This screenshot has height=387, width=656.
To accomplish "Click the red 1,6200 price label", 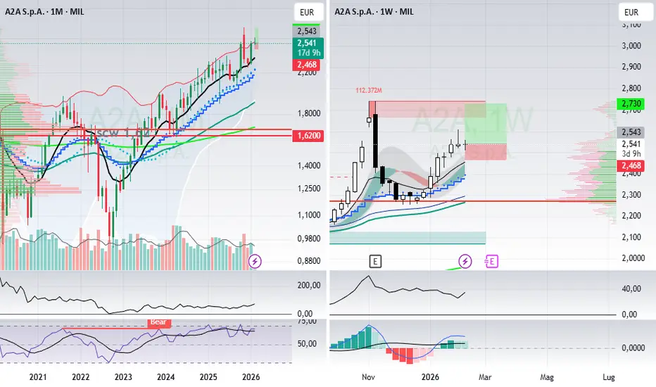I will click(307, 135).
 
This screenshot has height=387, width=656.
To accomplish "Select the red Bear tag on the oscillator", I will click(158, 323).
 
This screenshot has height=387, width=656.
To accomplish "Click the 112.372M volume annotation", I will click(369, 90).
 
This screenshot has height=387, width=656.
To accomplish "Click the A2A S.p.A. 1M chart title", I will click(40, 12).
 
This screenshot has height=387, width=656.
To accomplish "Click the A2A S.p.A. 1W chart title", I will click(373, 12).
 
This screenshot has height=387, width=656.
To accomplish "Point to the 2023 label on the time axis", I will click(123, 376).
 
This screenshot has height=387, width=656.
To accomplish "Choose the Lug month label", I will click(610, 376).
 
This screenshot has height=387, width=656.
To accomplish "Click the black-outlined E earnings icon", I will click(376, 262).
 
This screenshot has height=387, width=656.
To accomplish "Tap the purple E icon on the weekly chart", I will click(491, 262).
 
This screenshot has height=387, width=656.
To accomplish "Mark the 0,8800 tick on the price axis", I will click(308, 260).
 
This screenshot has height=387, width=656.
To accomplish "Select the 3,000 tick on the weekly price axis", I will click(631, 46).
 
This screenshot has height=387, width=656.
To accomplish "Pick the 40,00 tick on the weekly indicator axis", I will click(631, 288).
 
